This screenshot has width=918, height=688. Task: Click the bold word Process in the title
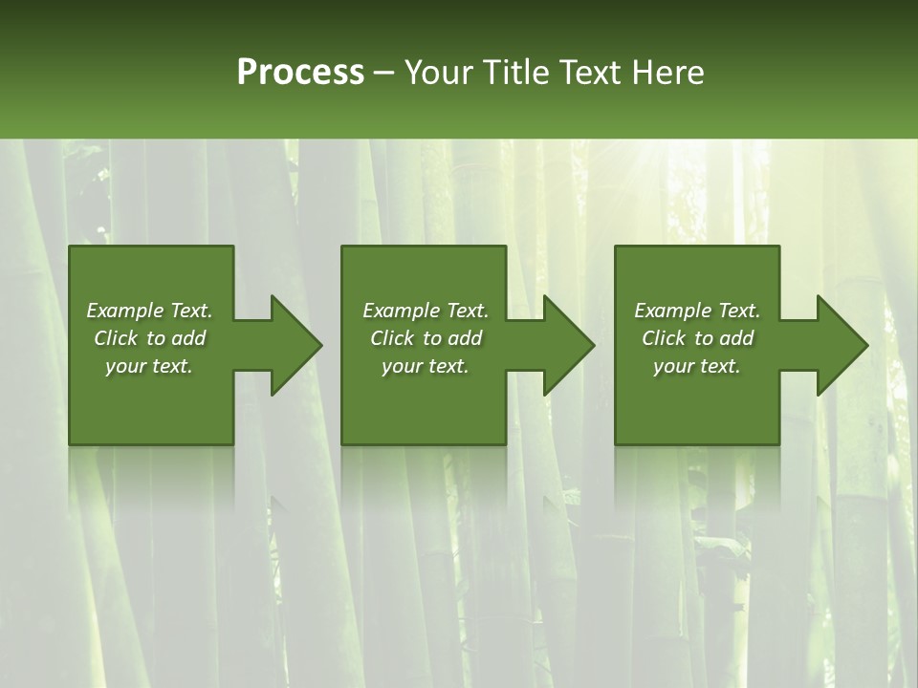[300, 73]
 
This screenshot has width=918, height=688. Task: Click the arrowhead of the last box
[841, 345]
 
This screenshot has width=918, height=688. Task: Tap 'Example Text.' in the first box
[149, 311]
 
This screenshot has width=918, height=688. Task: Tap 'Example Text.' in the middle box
[426, 311]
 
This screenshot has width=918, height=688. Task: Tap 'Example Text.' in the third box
[697, 311]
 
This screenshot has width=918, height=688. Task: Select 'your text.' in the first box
[149, 366]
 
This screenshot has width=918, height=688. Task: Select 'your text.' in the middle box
[426, 366]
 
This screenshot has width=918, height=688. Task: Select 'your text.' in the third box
[697, 366]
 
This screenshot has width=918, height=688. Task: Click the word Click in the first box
[116, 338]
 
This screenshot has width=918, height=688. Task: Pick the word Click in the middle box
[392, 338]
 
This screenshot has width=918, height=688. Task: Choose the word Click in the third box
[664, 338]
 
